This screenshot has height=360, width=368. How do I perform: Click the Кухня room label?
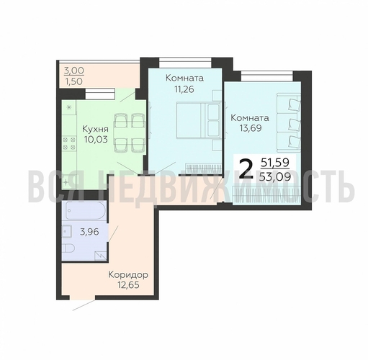coord(95,129)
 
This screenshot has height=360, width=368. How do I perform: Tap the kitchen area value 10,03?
coord(96,139)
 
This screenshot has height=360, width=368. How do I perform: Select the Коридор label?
coord(128,275)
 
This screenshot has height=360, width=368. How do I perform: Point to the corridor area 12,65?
coord(128,285)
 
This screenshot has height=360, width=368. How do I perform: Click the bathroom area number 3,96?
coord(89,232)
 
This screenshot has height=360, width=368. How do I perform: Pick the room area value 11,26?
coord(184,89)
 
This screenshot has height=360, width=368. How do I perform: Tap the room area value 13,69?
coord(251,128)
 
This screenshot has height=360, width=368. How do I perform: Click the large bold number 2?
coord(246,170)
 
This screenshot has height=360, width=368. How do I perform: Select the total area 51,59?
coord(275,163)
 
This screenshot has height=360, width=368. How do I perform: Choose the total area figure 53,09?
coord(275,177)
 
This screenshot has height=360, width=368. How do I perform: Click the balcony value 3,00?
coord(74,71)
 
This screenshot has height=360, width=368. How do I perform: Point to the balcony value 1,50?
coord(74,81)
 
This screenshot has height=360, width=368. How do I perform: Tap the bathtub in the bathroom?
coord(85,210)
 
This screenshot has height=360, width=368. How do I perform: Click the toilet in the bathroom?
coord(68,248)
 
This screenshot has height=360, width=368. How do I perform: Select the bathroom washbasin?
coord(66,231)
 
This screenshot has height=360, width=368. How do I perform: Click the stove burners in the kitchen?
coord(69,143)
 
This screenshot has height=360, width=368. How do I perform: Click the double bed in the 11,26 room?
coord(198,120)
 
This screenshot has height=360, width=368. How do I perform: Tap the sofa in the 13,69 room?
coord(289,123)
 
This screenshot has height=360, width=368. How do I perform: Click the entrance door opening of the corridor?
coord(83,297)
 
